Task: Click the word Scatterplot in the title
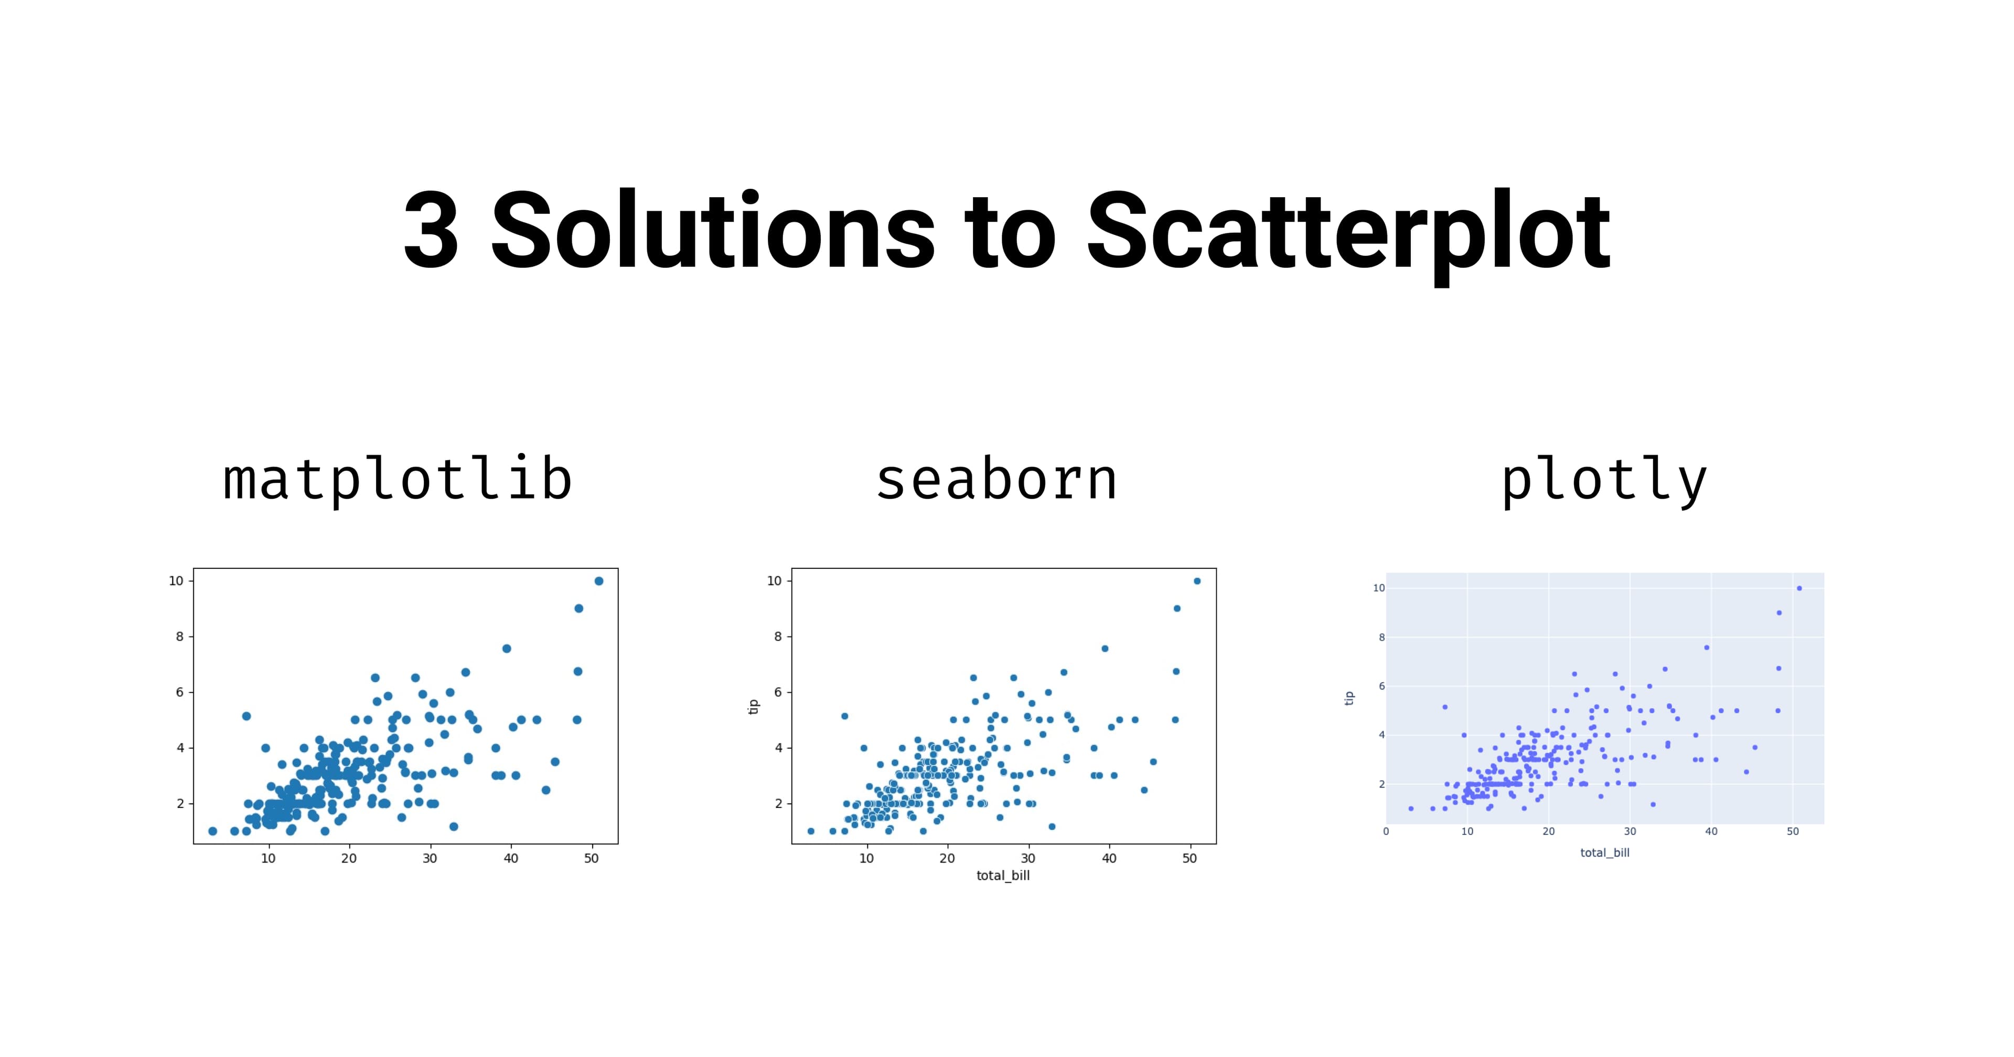(x=1348, y=233)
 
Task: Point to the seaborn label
(x=996, y=481)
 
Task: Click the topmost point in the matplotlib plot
(x=599, y=581)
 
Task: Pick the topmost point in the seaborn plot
(x=1197, y=581)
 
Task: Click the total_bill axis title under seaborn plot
(x=1003, y=876)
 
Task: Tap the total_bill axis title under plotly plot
(x=1604, y=852)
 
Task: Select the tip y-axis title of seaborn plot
(x=753, y=707)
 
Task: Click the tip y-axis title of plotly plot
(x=1348, y=698)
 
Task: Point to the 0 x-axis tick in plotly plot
(x=1386, y=831)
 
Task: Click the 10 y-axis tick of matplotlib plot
(x=176, y=581)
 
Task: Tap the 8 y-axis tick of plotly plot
(x=1381, y=637)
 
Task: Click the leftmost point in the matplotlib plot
(x=212, y=831)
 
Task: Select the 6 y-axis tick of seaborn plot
(x=778, y=692)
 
